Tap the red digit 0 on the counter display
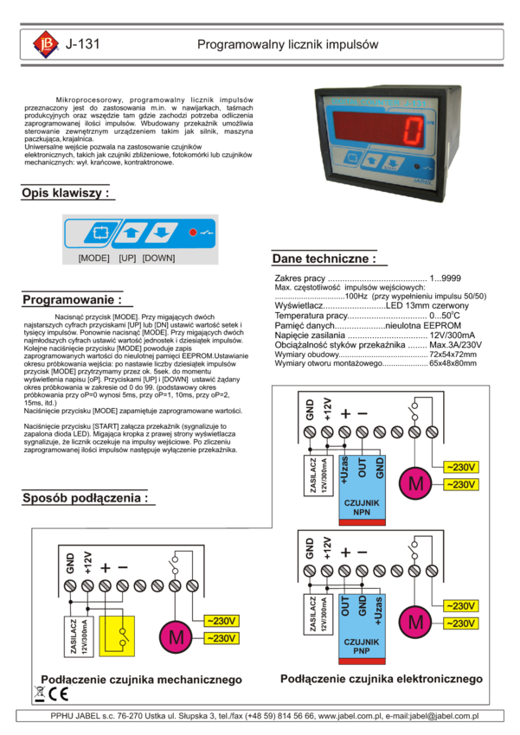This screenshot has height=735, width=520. click(414, 131)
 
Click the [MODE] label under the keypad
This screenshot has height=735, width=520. click(93, 258)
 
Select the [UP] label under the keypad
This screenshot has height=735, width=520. click(127, 258)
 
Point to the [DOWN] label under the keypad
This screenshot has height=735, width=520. click(158, 258)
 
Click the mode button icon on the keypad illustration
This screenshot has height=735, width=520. click(100, 233)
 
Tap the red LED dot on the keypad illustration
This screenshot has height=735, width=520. click(193, 233)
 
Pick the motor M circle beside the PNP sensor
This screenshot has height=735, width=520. click(416, 622)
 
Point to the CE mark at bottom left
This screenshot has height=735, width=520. click(53, 694)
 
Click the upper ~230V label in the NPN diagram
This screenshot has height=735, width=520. click(461, 467)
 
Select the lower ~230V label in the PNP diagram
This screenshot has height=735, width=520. click(461, 623)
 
